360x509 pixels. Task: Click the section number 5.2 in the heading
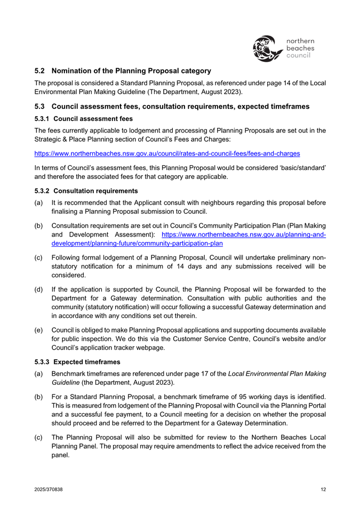click(41, 70)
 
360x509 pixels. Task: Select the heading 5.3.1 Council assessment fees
click(83, 118)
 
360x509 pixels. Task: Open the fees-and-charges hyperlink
click(167, 153)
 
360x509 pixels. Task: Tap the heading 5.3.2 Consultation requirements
click(86, 190)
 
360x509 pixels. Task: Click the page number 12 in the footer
click(323, 490)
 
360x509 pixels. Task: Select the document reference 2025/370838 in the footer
click(48, 490)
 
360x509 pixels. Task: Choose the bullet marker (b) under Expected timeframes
click(39, 397)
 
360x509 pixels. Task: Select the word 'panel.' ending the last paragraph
click(61, 456)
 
